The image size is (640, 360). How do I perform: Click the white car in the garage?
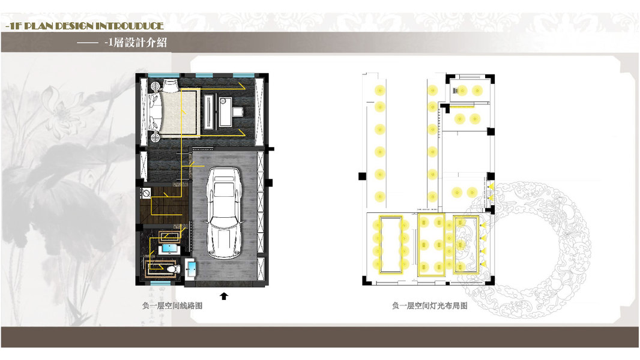tap(224, 213)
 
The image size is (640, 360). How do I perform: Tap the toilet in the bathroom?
tap(174, 269)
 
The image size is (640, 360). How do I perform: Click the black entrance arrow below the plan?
tap(224, 296)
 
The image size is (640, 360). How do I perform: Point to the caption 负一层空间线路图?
tap(172, 305)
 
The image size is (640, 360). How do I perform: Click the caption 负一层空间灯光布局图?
tap(430, 305)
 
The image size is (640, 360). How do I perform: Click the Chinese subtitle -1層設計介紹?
tap(136, 42)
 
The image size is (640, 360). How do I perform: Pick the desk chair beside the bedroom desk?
tap(238, 112)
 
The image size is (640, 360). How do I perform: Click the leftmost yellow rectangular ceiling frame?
tap(391, 245)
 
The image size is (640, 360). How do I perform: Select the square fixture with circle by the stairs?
tap(146, 193)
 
